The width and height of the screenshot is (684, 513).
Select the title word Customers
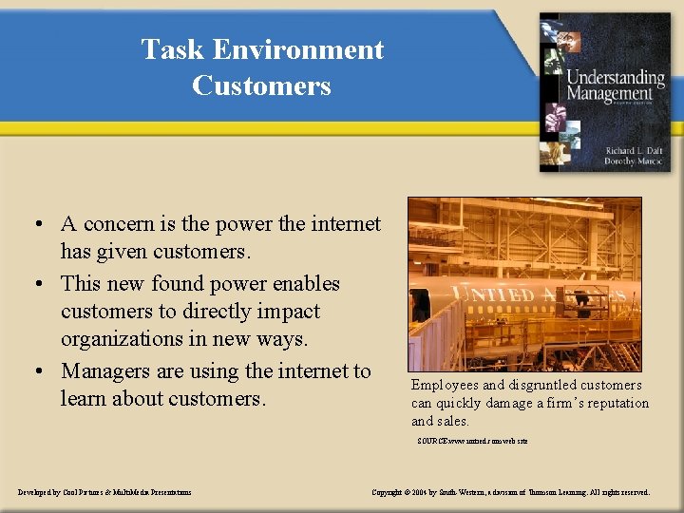pos(261,85)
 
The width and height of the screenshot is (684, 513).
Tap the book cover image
pos(604,92)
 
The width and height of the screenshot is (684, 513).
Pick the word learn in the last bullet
pos(84,398)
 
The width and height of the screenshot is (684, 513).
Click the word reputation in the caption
pos(616,403)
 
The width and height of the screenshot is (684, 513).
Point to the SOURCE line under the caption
pos(472,441)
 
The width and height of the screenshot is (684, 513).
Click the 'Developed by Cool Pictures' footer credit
pos(104,492)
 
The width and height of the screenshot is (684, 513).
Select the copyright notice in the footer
pos(510,492)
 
